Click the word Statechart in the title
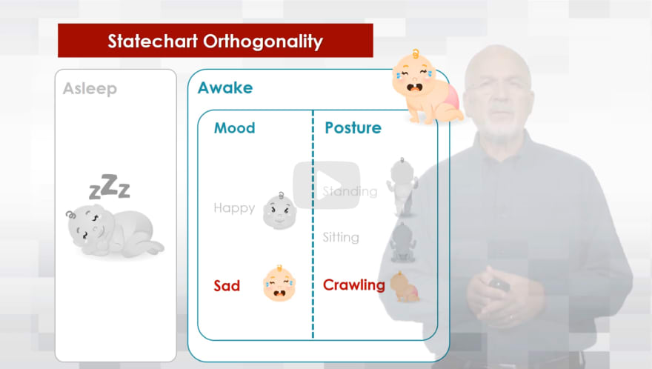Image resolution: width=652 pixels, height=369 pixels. (153, 41)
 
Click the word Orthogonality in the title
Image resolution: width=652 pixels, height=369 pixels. (263, 42)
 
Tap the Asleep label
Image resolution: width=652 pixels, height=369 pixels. (90, 89)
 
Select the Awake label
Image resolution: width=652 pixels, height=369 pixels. (225, 87)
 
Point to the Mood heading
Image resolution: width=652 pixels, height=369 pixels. (235, 127)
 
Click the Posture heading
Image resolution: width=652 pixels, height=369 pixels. (353, 127)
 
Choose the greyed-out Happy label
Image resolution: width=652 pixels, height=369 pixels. (234, 208)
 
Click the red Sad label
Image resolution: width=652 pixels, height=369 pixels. (227, 286)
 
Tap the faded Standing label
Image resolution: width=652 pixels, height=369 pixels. (350, 191)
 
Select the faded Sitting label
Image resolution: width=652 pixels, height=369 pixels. (341, 237)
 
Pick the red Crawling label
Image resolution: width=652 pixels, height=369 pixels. (354, 285)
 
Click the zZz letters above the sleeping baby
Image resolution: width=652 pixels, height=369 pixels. (110, 187)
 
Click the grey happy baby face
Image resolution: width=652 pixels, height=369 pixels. (279, 211)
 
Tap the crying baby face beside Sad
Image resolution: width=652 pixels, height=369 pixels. (279, 283)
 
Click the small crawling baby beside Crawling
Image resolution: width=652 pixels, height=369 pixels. (405, 287)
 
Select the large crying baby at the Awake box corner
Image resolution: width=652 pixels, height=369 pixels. (426, 87)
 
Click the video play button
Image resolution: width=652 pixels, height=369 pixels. (327, 185)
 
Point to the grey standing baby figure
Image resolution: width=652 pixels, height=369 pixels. (402, 187)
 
